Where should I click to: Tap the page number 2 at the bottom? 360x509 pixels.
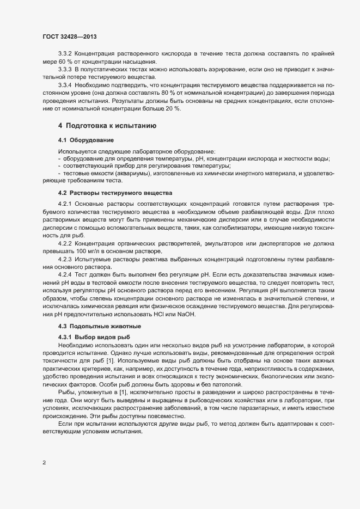[x=44, y=463]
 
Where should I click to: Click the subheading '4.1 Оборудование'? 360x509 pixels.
[x=86, y=140]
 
